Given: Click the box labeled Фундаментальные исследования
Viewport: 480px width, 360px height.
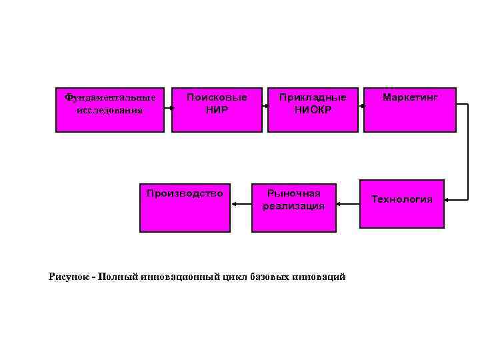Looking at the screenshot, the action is pos(109,110).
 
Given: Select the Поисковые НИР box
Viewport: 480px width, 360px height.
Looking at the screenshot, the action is pos(217,110).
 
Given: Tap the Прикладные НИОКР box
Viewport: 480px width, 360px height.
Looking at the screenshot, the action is pos(313,110).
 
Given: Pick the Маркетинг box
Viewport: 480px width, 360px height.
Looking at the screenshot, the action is pos(410,110).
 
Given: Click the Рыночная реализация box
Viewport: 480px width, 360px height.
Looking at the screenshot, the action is pos(293,207).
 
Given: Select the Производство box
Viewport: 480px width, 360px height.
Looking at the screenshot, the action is pos(185,207).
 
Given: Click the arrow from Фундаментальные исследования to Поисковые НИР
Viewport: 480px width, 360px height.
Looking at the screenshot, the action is pos(169,113).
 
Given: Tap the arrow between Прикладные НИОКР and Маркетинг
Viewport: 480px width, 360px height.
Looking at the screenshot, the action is pos(361,105).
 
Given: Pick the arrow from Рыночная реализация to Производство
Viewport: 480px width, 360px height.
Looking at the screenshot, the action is pos(241,206).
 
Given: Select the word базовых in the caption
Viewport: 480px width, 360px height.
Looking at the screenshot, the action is pos(269,277).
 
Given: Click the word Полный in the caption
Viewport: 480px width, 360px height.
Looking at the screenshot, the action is pos(118,277).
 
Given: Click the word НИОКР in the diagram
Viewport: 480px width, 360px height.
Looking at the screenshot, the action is pos(313,109).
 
